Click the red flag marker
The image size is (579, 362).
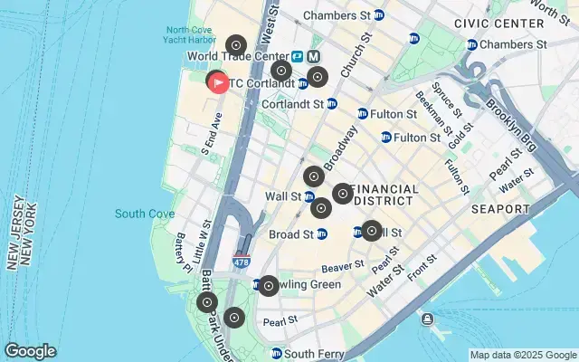tap(218, 82)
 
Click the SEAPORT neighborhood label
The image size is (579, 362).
tap(500, 209)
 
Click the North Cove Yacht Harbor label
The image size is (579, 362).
tap(191, 34)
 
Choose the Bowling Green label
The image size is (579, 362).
tap(302, 285)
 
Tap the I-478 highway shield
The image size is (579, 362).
tap(241, 262)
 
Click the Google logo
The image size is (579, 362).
tap(30, 351)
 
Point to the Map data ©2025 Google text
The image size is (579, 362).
tap(523, 355)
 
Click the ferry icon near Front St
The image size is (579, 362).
tap(426, 318)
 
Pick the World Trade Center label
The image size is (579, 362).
tap(238, 56)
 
